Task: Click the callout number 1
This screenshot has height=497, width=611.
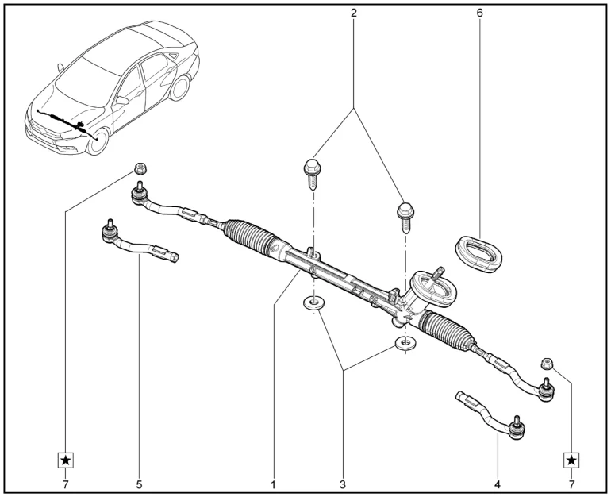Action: tap(274, 482)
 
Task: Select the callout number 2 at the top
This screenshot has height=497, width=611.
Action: tap(353, 13)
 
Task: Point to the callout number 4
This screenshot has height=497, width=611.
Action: tap(497, 482)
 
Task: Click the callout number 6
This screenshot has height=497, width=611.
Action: tap(479, 13)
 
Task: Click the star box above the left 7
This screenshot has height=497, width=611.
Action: tap(67, 460)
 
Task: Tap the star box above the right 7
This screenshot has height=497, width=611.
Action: tap(571, 460)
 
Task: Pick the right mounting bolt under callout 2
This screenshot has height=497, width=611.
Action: tap(404, 213)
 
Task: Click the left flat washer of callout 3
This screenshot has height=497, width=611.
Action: tap(314, 303)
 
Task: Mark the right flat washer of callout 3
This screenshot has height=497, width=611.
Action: tap(405, 344)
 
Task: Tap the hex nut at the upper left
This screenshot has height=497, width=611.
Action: tap(138, 168)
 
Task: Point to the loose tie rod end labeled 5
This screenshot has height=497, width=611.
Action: tap(139, 243)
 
